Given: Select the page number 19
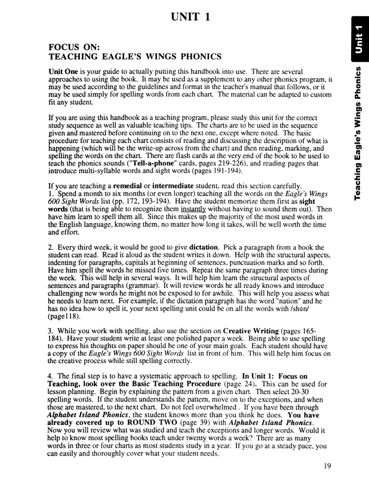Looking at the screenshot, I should coord(325,466).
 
